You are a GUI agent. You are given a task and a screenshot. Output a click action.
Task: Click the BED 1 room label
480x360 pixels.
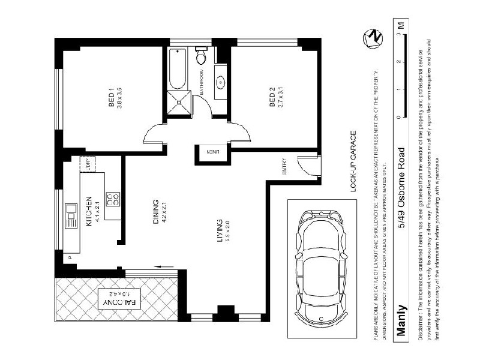click(112, 98)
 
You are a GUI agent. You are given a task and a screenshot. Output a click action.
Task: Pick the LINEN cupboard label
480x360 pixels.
click(214, 151)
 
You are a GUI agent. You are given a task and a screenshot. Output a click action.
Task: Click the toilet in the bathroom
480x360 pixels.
click(202, 56)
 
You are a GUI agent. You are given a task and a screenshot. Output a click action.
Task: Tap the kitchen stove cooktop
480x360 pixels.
click(112, 199)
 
